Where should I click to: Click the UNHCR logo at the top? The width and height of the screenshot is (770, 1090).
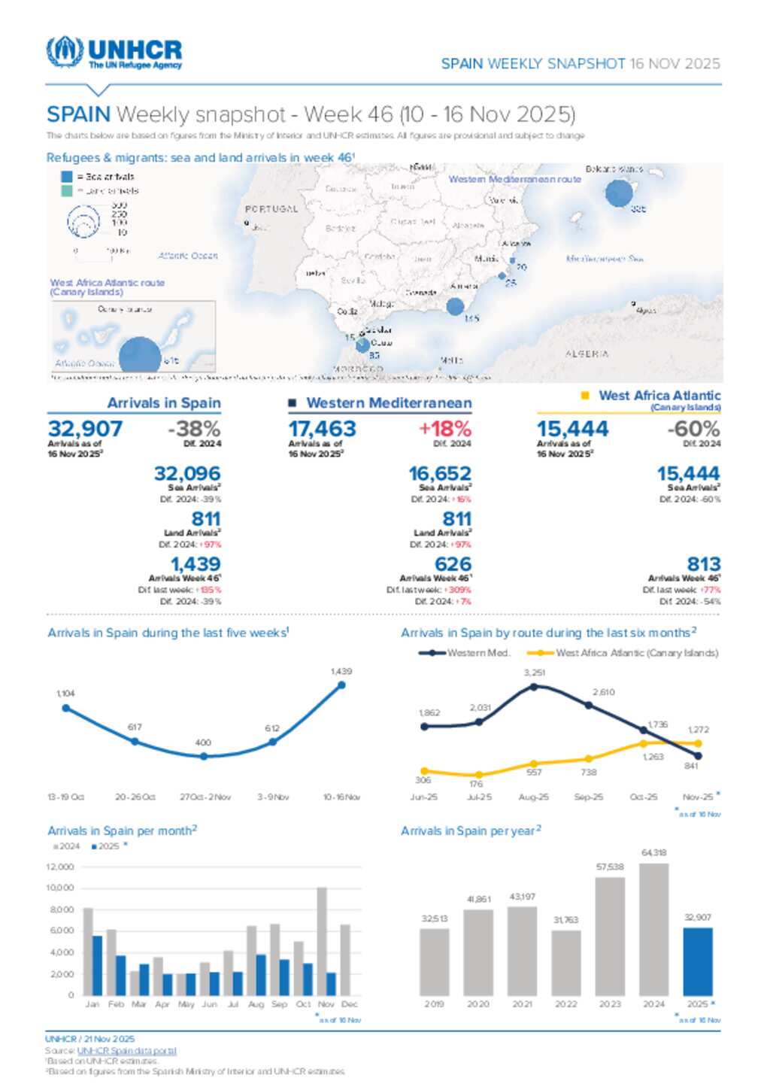coord(114,53)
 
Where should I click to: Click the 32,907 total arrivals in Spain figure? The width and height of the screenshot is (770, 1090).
coord(85,429)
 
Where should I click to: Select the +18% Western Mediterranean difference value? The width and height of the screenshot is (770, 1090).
coord(444,429)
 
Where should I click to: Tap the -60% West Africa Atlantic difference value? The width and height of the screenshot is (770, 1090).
coord(693,429)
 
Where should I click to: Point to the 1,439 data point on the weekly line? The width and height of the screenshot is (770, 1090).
coord(341,685)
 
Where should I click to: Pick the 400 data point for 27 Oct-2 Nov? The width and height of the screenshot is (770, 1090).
coord(204,756)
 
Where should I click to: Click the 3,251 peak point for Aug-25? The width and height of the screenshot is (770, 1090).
coord(534,686)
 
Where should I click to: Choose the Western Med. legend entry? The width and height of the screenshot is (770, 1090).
coord(464,653)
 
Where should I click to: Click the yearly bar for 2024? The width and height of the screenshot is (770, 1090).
coord(653,929)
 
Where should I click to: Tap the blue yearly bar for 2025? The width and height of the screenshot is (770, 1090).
coord(697,961)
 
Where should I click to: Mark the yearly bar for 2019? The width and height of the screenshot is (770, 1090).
coord(434,962)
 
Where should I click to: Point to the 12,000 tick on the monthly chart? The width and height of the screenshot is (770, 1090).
coord(60,867)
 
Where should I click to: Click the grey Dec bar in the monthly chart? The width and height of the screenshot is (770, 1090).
coord(346,960)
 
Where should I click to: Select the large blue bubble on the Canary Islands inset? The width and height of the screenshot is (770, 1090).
coord(140,356)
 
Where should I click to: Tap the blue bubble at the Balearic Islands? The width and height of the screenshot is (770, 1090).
coord(619,193)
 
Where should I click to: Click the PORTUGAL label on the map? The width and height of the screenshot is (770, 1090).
coord(271,209)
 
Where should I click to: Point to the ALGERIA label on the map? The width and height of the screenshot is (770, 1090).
coord(587,354)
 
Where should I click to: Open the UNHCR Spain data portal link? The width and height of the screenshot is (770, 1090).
coord(126,1050)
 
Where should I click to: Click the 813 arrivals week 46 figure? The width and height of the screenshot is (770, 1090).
coord(703,564)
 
